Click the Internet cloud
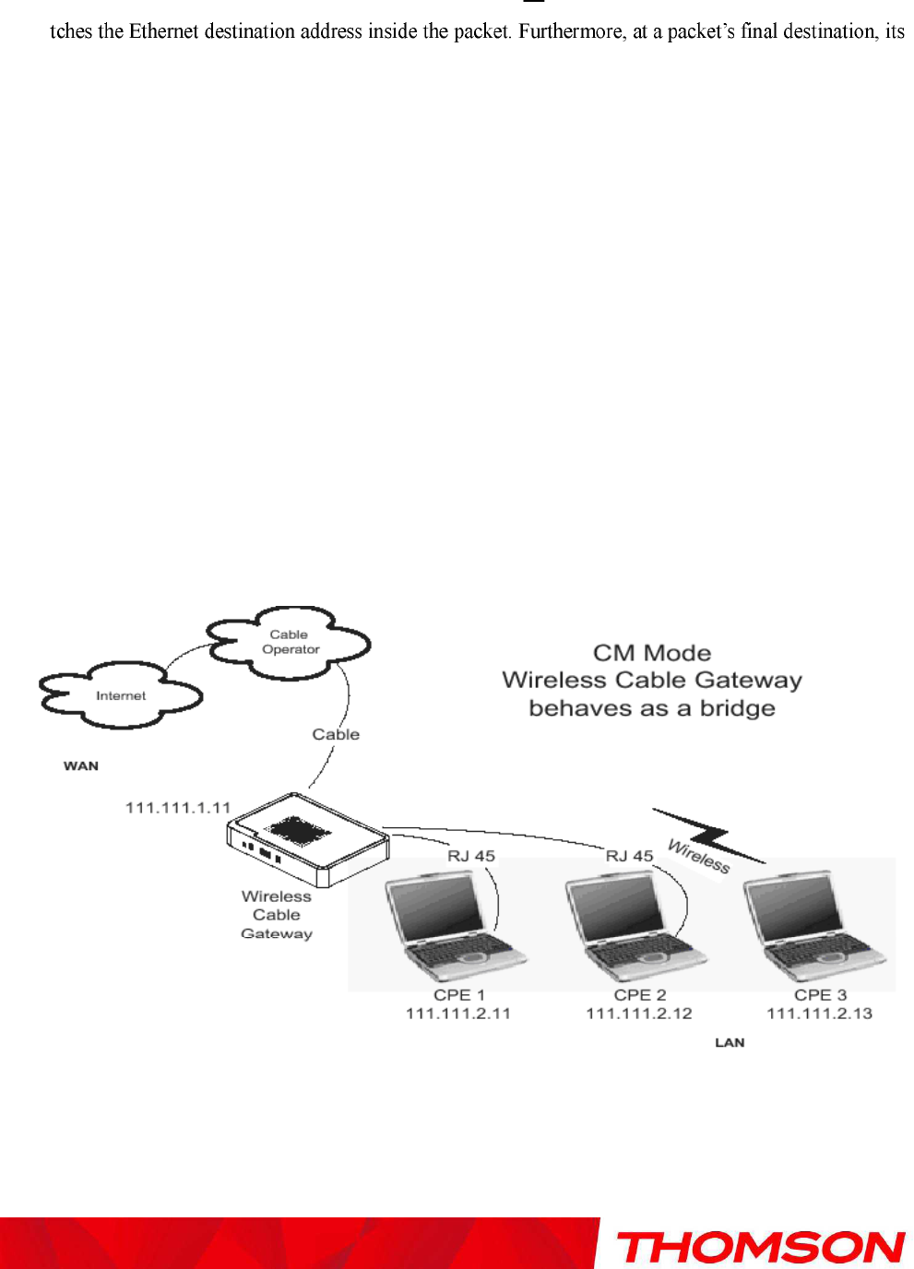click(121, 695)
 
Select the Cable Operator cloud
click(290, 642)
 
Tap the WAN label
click(81, 765)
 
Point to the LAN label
click(730, 1042)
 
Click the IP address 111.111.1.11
click(178, 808)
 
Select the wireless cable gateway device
click(306, 839)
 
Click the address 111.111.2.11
click(458, 1014)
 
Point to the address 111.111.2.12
click(639, 1014)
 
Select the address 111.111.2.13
click(819, 1014)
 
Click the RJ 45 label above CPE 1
click(471, 856)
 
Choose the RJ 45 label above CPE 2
click(629, 856)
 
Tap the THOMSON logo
click(760, 1247)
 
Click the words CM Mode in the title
click(652, 653)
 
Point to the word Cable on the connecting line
click(336, 734)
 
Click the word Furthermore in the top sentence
click(571, 31)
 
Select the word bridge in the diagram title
click(738, 708)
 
